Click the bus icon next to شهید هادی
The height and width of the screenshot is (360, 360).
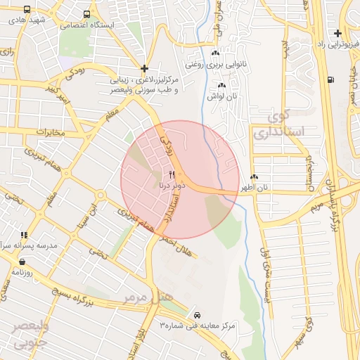(x=27, y=11)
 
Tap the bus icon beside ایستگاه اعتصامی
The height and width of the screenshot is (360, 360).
(x=86, y=14)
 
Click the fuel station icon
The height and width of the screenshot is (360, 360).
(x=330, y=79)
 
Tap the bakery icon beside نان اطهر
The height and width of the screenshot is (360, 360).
(x=254, y=177)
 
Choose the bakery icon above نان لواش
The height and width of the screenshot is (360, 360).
(x=221, y=85)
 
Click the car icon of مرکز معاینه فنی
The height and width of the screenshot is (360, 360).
(x=196, y=314)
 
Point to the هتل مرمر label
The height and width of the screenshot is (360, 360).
(x=148, y=297)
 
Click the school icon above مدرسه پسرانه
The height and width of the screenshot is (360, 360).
(x=24, y=236)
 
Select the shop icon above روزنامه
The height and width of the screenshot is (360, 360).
(x=24, y=262)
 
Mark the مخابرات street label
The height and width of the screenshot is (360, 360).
(x=49, y=132)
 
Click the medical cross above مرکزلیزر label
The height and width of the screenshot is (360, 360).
(x=144, y=69)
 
